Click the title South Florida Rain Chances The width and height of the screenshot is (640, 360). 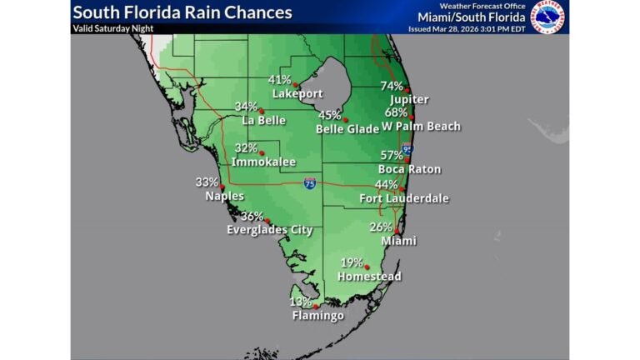point(182,12)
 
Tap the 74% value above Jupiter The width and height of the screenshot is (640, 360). point(392,86)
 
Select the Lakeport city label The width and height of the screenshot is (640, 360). point(297,93)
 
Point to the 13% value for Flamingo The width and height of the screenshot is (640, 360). point(301,302)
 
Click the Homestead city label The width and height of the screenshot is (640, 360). point(369,277)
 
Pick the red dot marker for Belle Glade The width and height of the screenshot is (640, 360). point(346,119)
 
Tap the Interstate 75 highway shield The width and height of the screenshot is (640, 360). point(309,183)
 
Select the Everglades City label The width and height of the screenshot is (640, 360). point(270,230)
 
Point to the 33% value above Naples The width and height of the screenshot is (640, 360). point(207,182)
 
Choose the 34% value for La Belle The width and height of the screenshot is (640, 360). point(246,107)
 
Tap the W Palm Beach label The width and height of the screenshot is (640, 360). point(421,127)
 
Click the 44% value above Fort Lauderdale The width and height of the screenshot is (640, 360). point(386,184)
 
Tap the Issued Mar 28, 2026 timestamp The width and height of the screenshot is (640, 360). point(467,27)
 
